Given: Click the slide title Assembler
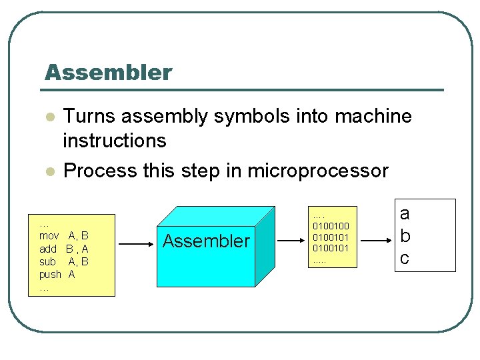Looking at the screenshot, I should (x=108, y=72).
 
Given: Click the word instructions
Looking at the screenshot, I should (x=114, y=141).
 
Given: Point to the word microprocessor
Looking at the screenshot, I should (x=317, y=171).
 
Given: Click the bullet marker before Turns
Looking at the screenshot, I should (x=49, y=117).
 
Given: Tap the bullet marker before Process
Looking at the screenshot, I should (x=49, y=171).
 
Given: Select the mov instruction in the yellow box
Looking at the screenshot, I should (x=49, y=236).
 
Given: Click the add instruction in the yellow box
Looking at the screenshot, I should (x=48, y=249).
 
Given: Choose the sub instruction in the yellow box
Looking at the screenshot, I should (x=47, y=261).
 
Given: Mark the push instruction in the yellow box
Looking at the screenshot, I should (x=50, y=274).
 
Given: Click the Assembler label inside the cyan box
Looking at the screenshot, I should (x=206, y=241).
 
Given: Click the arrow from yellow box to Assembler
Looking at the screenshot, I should (x=136, y=245).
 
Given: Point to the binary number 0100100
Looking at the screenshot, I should (x=331, y=227).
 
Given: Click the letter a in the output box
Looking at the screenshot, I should (x=405, y=214).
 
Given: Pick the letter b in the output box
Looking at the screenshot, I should (x=405, y=236).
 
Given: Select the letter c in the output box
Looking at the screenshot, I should (x=404, y=257).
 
